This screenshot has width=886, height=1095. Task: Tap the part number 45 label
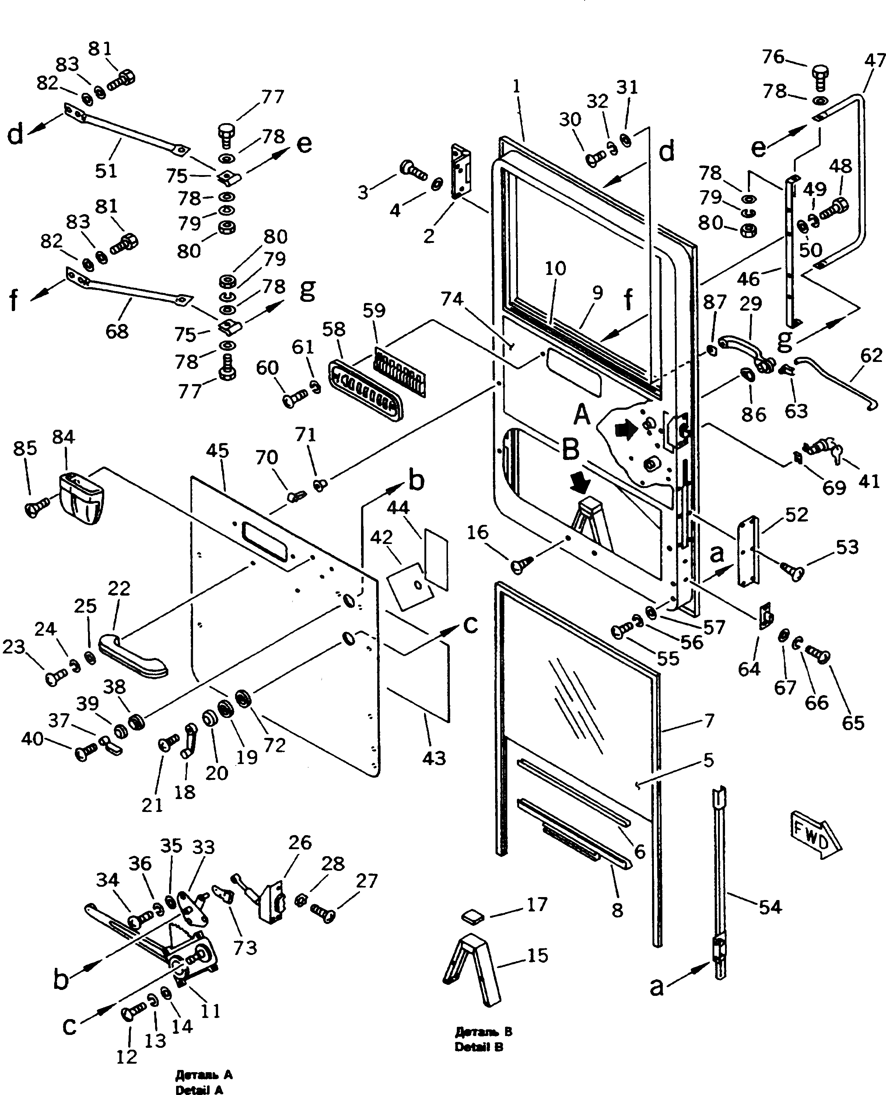tap(217, 451)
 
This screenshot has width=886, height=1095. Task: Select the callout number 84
tap(63, 437)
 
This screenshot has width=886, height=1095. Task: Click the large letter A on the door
tap(582, 415)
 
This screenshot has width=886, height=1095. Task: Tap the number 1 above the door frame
tap(516, 86)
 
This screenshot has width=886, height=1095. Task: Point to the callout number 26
tap(300, 843)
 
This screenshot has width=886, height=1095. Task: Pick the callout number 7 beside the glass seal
tap(709, 721)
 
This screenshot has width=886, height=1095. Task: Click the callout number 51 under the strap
tap(106, 171)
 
